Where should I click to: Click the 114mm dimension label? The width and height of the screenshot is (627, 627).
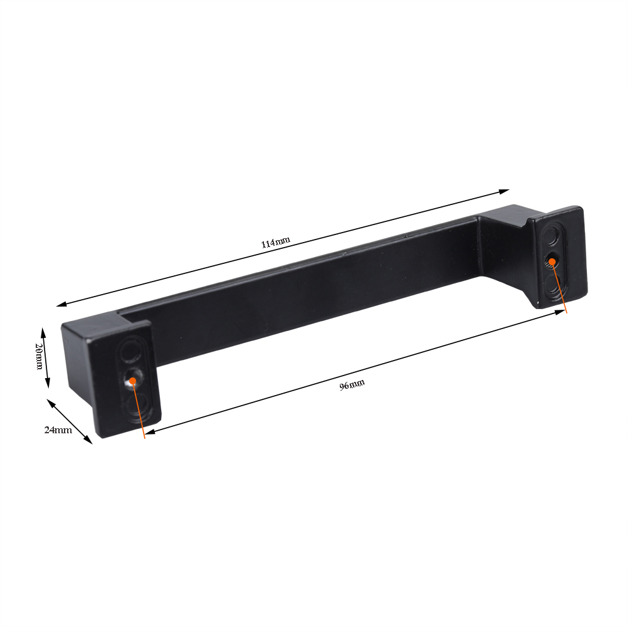(275, 243)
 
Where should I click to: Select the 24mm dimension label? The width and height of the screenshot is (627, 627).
(58, 430)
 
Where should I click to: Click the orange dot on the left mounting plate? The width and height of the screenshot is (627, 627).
(133, 380)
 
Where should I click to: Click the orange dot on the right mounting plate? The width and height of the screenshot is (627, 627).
(552, 261)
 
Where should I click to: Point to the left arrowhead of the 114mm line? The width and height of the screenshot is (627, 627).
(60, 305)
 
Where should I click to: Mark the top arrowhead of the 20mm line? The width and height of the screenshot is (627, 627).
(43, 330)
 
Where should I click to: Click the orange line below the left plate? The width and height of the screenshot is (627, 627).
(141, 417)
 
